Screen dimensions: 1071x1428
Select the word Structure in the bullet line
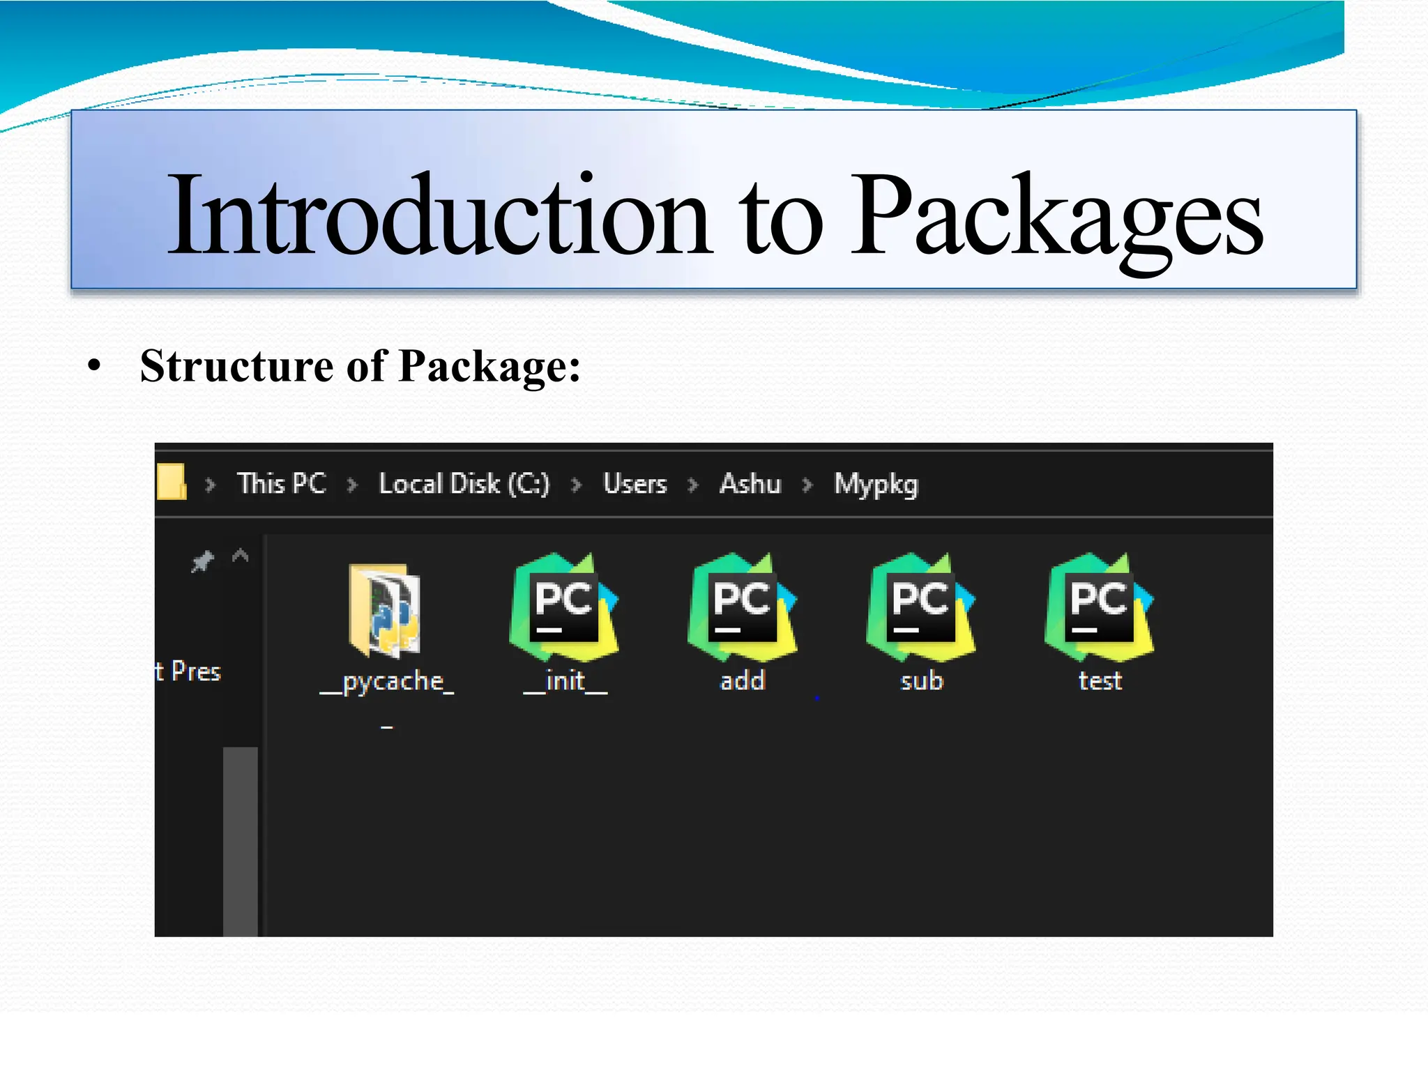pos(236,366)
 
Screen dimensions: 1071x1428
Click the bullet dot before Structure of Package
pos(95,366)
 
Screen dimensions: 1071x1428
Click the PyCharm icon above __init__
pos(564,607)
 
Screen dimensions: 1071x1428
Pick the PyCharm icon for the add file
pos(742,607)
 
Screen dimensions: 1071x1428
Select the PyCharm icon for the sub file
pos(920,607)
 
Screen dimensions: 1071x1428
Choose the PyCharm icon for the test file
pos(1099,607)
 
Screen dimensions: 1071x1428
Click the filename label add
pos(743,681)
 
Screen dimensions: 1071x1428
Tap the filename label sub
pos(921,681)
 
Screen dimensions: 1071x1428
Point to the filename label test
pos(1100,681)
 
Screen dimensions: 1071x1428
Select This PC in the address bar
pos(282,483)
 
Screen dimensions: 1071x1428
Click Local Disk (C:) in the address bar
pos(464,483)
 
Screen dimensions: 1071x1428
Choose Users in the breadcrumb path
pos(635,483)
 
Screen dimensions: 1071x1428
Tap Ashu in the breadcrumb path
pos(750,483)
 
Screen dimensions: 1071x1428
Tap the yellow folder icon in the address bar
pos(172,482)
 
